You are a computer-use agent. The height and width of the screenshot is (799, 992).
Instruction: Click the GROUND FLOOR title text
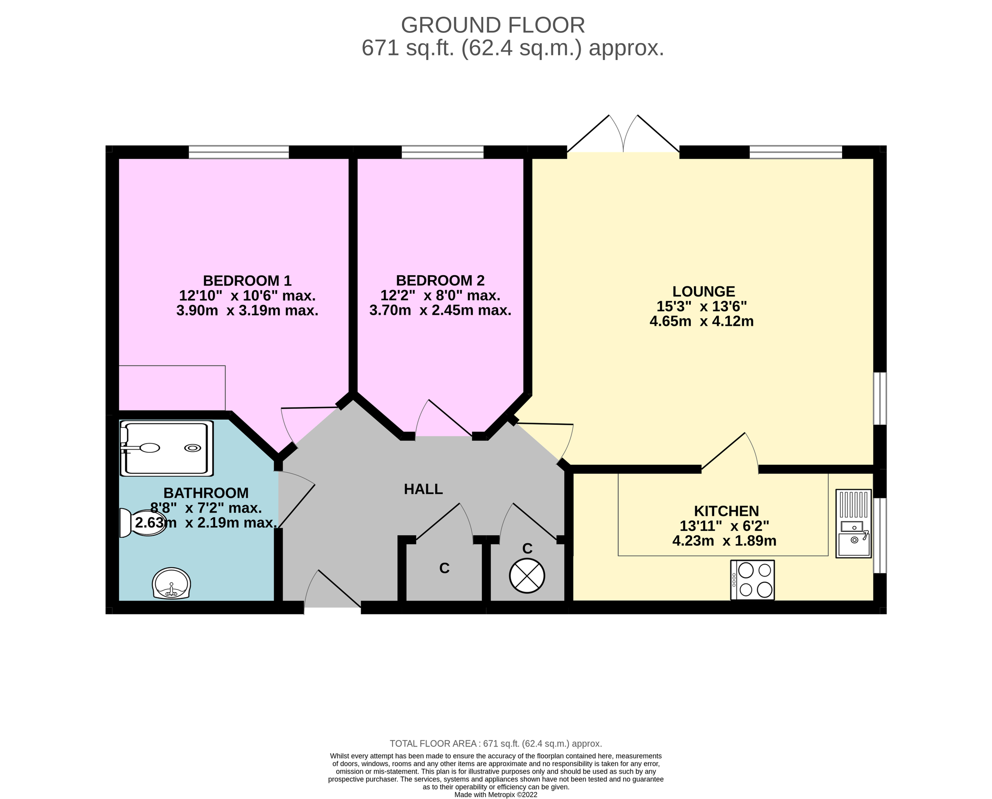[493, 25]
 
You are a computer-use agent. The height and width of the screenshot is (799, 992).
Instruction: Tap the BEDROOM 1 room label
[247, 280]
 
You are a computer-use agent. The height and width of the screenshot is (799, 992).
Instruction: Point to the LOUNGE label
[704, 291]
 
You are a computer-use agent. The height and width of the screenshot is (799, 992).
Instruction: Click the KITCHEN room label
[726, 511]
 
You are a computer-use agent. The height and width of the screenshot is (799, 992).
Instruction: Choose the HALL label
[423, 489]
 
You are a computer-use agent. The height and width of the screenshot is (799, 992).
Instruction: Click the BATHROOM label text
[206, 493]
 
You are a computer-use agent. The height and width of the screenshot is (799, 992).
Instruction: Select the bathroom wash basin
[171, 583]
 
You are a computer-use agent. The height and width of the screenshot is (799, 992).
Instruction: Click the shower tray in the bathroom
[166, 448]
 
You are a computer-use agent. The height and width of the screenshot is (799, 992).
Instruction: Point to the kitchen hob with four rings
[752, 580]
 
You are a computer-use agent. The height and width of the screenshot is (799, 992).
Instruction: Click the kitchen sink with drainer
[853, 524]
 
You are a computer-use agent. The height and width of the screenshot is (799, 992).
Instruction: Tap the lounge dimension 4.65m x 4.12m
[701, 321]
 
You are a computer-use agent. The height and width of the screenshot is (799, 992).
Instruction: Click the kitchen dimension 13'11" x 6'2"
[724, 526]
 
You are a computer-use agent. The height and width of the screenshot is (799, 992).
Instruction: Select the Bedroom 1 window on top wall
[239, 152]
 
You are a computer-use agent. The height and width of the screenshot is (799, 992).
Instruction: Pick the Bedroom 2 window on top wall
[442, 152]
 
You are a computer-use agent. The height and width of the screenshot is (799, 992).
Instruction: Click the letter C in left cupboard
[444, 569]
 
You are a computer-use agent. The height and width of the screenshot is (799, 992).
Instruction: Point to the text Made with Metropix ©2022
[496, 795]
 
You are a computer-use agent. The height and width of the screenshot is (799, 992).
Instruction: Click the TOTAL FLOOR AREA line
[496, 744]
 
